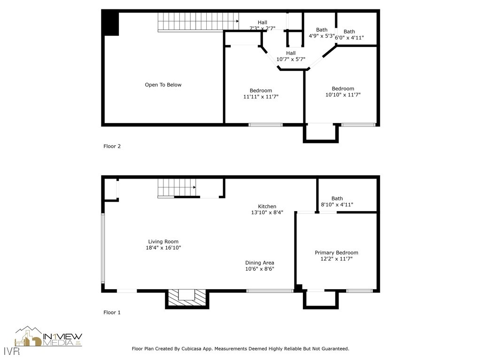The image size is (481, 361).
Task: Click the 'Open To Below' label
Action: pos(163,85)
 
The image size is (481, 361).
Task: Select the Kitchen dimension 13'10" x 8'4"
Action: pos(267,212)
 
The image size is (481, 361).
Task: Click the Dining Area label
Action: pos(259,263)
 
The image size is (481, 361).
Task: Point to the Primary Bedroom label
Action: pos(336,253)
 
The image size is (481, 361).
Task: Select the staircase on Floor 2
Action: pos(197,22)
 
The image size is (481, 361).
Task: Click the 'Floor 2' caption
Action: pos(112,146)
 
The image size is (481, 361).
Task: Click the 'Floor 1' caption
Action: pos(112,312)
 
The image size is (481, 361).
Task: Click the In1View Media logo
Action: pos(48,337)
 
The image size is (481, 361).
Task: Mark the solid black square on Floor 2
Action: pos(111,23)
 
